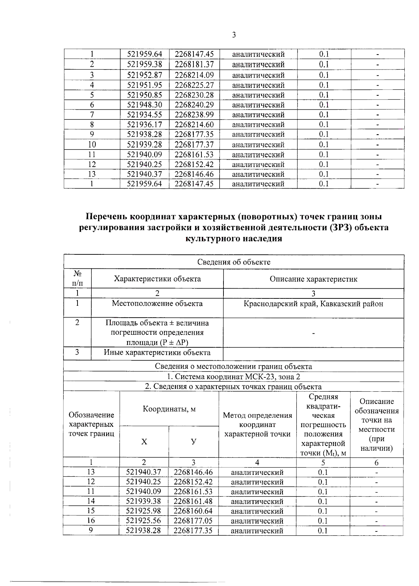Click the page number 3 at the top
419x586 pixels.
point(234,35)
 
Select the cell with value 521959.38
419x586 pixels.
point(145,64)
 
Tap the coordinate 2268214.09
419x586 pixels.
point(194,75)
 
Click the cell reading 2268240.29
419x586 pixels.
point(194,105)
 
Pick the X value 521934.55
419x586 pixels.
point(145,115)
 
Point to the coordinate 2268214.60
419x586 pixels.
point(194,124)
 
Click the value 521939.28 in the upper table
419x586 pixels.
point(145,144)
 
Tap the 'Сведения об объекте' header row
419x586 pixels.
point(234,262)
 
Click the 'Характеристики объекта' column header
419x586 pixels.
point(157,279)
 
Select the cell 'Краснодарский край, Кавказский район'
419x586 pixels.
point(313,304)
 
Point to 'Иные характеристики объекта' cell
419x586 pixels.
point(157,353)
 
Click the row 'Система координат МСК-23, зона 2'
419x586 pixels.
point(234,377)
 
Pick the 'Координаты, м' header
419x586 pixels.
point(169,409)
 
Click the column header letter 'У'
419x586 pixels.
point(193,441)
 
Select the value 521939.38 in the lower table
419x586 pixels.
point(144,501)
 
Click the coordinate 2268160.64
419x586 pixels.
point(193,511)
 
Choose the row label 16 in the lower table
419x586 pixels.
point(91,521)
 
